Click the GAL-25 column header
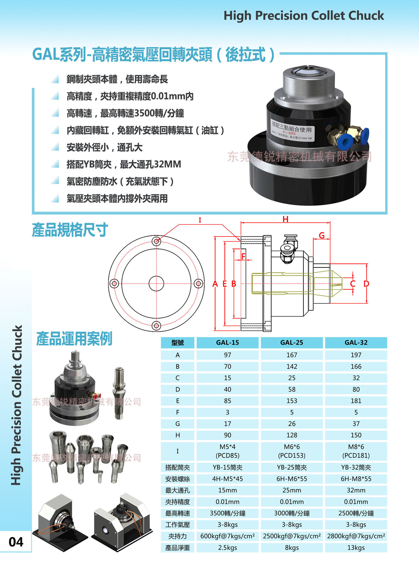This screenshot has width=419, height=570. click(291, 343)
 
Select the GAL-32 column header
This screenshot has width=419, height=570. click(356, 343)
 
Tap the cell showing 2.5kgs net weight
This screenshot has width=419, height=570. click(227, 548)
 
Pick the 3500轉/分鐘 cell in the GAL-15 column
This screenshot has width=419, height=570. click(227, 513)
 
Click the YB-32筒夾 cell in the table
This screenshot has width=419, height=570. click(356, 468)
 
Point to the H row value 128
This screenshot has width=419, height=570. click(291, 435)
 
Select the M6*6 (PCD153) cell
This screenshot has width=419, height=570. click(291, 451)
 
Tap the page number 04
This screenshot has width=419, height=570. click(16, 542)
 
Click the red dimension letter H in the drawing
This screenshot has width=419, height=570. click(285, 219)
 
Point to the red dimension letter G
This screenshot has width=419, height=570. click(322, 235)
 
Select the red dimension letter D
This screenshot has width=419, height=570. click(366, 284)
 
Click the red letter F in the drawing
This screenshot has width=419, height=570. click(243, 256)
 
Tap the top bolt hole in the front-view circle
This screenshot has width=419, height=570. click(156, 241)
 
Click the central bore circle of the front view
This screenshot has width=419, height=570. click(156, 284)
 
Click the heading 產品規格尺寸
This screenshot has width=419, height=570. click(70, 230)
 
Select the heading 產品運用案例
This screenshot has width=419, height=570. click(74, 339)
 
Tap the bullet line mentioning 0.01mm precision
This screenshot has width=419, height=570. click(130, 96)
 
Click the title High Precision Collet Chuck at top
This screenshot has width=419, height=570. click(303, 15)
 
